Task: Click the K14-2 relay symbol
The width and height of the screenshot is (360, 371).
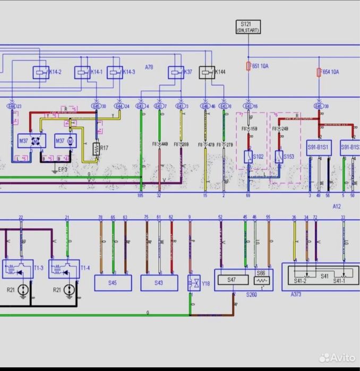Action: click(x=40, y=72)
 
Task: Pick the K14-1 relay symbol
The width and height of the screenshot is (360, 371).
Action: click(x=82, y=72)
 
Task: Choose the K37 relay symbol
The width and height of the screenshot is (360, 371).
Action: click(x=176, y=72)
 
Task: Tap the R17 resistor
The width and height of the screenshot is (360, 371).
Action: click(x=97, y=149)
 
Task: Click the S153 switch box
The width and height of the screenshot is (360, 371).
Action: click(x=281, y=157)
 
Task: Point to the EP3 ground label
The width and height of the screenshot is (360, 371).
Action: click(x=63, y=169)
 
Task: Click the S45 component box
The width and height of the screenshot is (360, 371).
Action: click(x=113, y=283)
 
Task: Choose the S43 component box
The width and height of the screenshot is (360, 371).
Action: click(x=159, y=283)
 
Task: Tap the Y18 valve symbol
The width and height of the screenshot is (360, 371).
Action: click(x=192, y=283)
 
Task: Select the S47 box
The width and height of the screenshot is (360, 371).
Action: click(x=232, y=279)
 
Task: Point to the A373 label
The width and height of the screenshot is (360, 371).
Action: click(x=296, y=294)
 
